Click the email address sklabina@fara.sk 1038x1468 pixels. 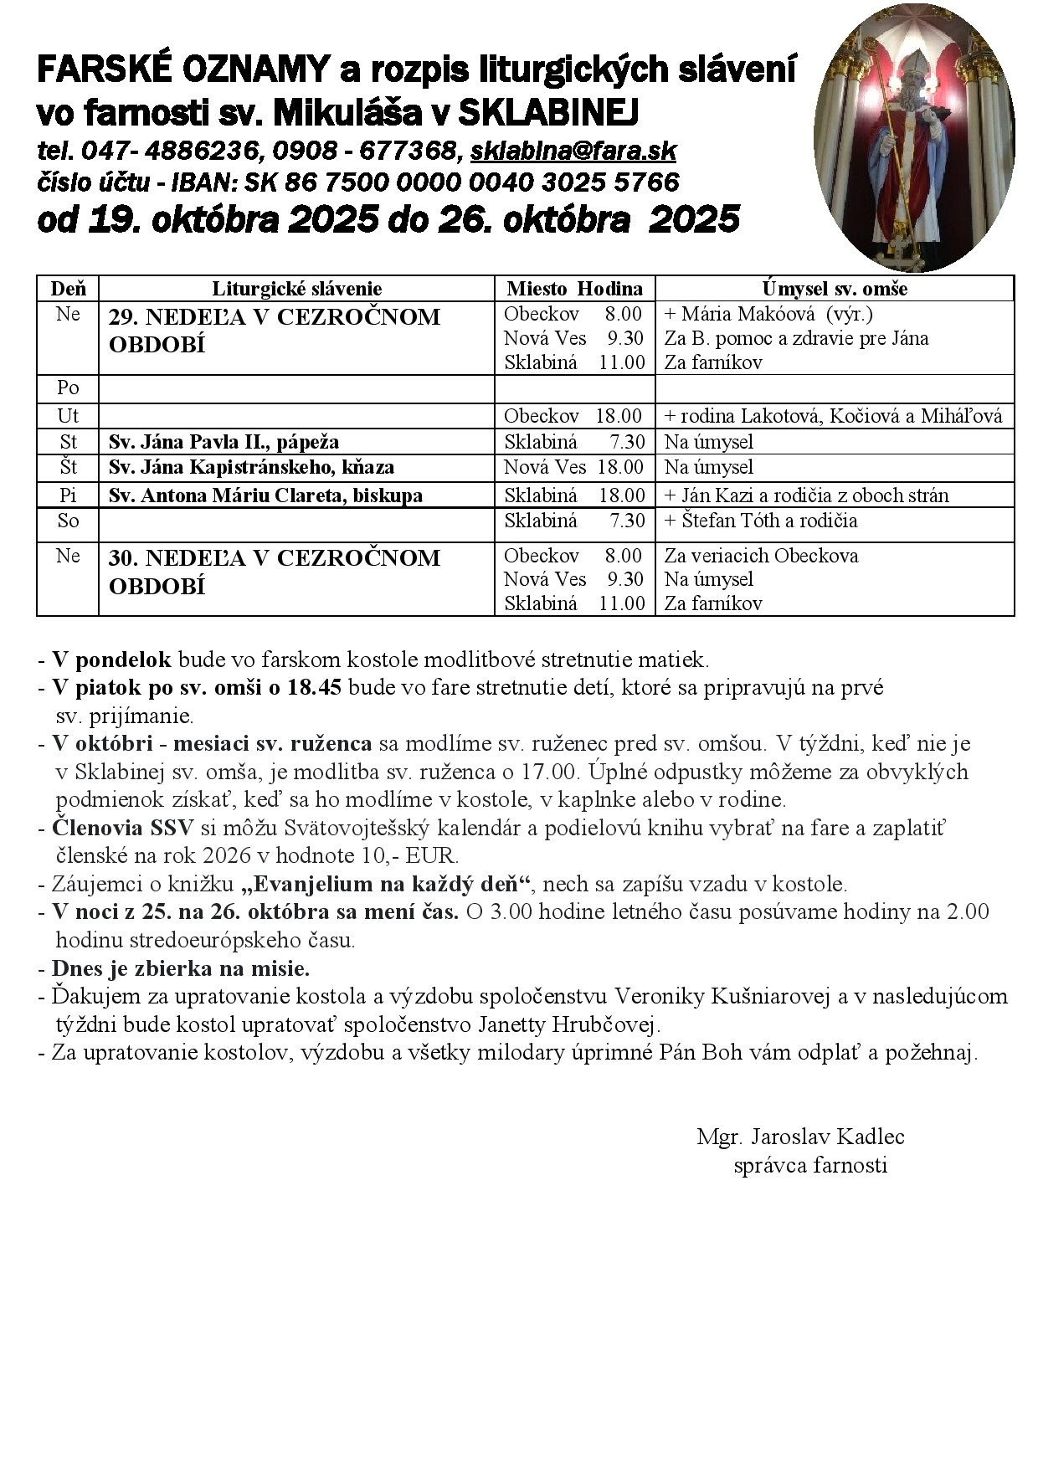click(573, 151)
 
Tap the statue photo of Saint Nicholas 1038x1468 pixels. click(913, 138)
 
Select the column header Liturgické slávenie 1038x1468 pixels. click(296, 289)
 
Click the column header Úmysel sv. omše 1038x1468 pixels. click(835, 289)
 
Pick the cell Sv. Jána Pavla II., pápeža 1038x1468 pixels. click(224, 442)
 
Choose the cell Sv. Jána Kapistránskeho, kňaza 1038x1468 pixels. click(251, 467)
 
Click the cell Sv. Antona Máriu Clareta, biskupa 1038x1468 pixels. click(265, 495)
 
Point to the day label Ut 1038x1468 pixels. click(68, 416)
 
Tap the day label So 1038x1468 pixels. click(68, 521)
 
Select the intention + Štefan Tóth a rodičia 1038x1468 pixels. click(760, 521)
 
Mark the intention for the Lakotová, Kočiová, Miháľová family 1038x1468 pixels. click(833, 416)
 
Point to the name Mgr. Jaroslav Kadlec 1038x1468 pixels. click(800, 1137)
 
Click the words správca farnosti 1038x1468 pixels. click(809, 1165)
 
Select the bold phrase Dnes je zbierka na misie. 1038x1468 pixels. click(181, 968)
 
